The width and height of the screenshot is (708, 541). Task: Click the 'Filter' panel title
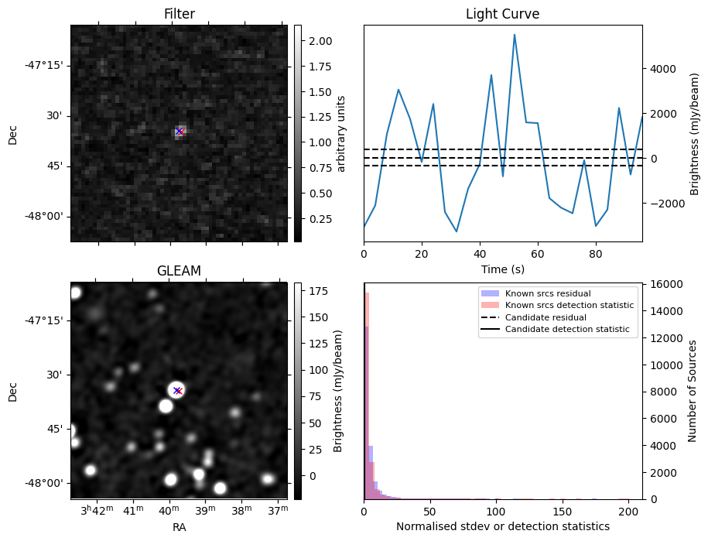[x=179, y=14]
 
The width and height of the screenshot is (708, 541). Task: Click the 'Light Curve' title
[x=502, y=14]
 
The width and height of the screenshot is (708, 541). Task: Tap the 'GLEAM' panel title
[x=179, y=271]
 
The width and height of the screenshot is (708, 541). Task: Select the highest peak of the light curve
[x=515, y=35]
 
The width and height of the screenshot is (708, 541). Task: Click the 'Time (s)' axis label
[x=502, y=269]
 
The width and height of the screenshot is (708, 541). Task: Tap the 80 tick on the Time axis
[x=596, y=253]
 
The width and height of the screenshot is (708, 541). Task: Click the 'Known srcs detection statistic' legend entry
[x=569, y=306]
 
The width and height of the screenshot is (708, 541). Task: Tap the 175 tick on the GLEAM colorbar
[x=317, y=291]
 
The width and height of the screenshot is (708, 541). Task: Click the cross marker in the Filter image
[x=180, y=132]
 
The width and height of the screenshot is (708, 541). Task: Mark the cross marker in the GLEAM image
[x=177, y=391]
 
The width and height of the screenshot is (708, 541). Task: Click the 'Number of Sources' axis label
[x=693, y=391]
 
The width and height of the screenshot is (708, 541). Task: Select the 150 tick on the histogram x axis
[x=563, y=511]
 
